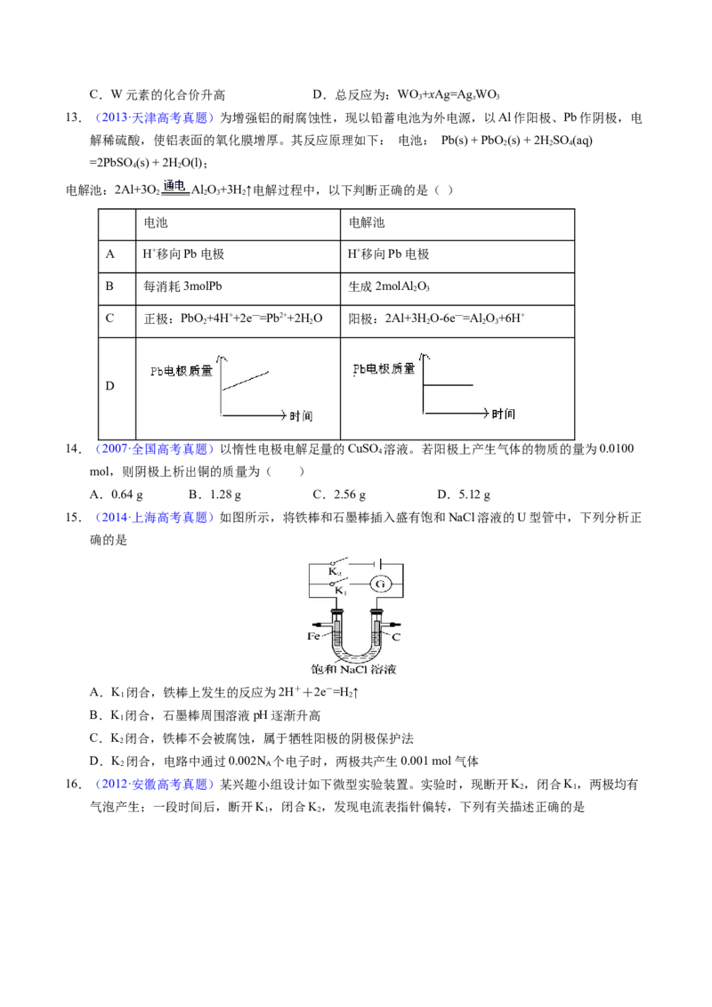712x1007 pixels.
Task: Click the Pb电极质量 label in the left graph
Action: point(182,370)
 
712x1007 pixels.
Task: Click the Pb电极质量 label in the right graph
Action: point(384,368)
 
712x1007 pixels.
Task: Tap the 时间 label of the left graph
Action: point(301,416)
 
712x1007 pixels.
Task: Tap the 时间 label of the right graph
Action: point(503,415)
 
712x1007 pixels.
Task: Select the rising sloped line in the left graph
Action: point(246,379)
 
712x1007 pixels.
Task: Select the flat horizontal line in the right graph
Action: point(448,385)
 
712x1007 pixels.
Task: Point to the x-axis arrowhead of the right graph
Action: point(485,414)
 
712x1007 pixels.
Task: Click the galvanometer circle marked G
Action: point(380,584)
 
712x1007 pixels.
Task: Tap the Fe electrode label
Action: point(314,636)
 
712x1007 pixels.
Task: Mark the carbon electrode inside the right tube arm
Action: point(377,633)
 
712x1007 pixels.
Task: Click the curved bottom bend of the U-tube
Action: point(357,656)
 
